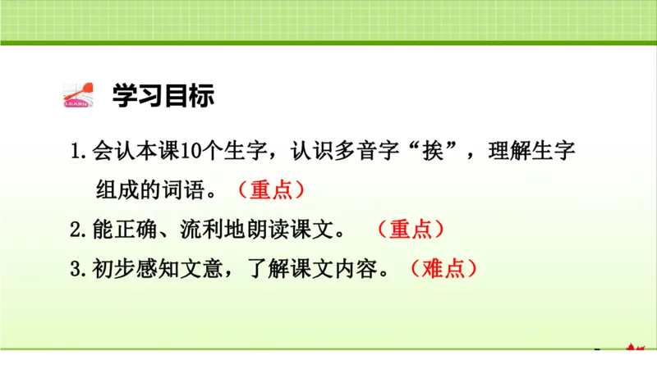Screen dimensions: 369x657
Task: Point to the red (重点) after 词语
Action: [x=272, y=190]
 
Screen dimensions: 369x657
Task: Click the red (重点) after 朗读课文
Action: [x=411, y=230]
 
